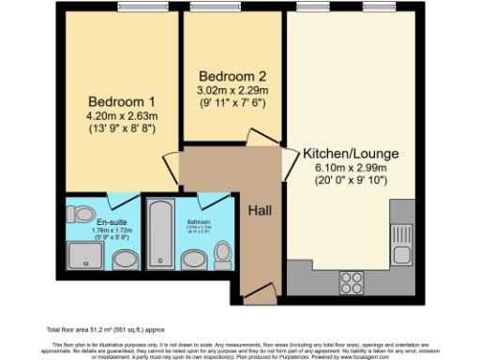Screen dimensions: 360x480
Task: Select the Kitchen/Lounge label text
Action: pos(349,152)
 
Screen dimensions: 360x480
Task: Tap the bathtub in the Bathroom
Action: pos(159,234)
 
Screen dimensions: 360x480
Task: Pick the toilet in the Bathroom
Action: pos(222,253)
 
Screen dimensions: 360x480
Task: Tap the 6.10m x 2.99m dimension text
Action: pos(349,168)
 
